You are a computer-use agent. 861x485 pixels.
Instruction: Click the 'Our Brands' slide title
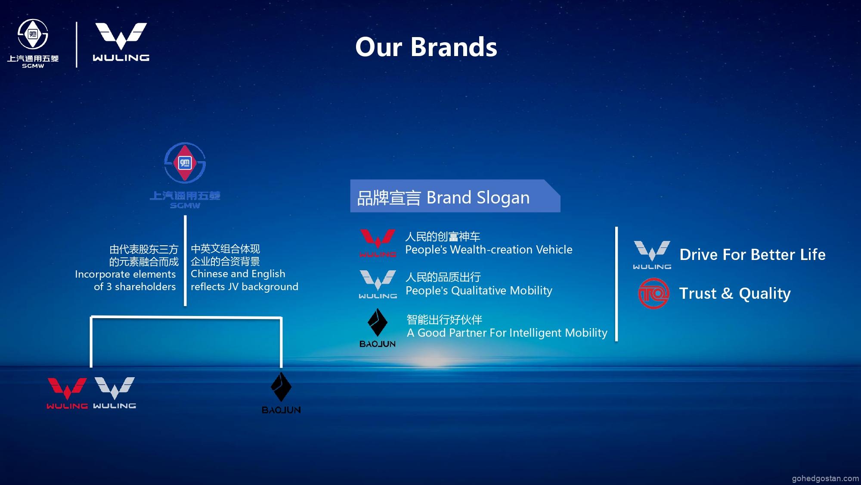(426, 47)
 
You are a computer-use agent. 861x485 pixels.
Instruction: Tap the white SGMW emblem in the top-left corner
(33, 43)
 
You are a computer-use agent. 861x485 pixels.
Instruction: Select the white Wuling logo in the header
(121, 42)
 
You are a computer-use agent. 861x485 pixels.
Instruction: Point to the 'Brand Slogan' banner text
(478, 197)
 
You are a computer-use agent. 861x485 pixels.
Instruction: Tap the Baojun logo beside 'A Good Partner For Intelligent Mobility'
(378, 328)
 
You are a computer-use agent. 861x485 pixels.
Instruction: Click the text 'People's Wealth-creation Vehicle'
(489, 250)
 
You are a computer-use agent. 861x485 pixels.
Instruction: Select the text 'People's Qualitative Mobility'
(479, 291)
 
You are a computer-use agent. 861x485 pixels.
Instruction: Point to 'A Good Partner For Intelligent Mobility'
(507, 333)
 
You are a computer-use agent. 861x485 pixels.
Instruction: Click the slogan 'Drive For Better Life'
(753, 254)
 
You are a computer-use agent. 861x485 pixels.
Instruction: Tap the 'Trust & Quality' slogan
(735, 294)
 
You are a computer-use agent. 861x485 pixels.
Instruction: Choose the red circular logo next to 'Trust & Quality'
(653, 294)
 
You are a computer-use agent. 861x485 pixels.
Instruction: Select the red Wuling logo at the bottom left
(67, 393)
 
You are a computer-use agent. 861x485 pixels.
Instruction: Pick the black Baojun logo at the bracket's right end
(281, 393)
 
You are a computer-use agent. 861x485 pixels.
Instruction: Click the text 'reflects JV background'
(245, 287)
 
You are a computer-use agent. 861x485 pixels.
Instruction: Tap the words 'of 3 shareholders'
(135, 287)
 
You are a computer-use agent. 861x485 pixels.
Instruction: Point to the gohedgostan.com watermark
(825, 479)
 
